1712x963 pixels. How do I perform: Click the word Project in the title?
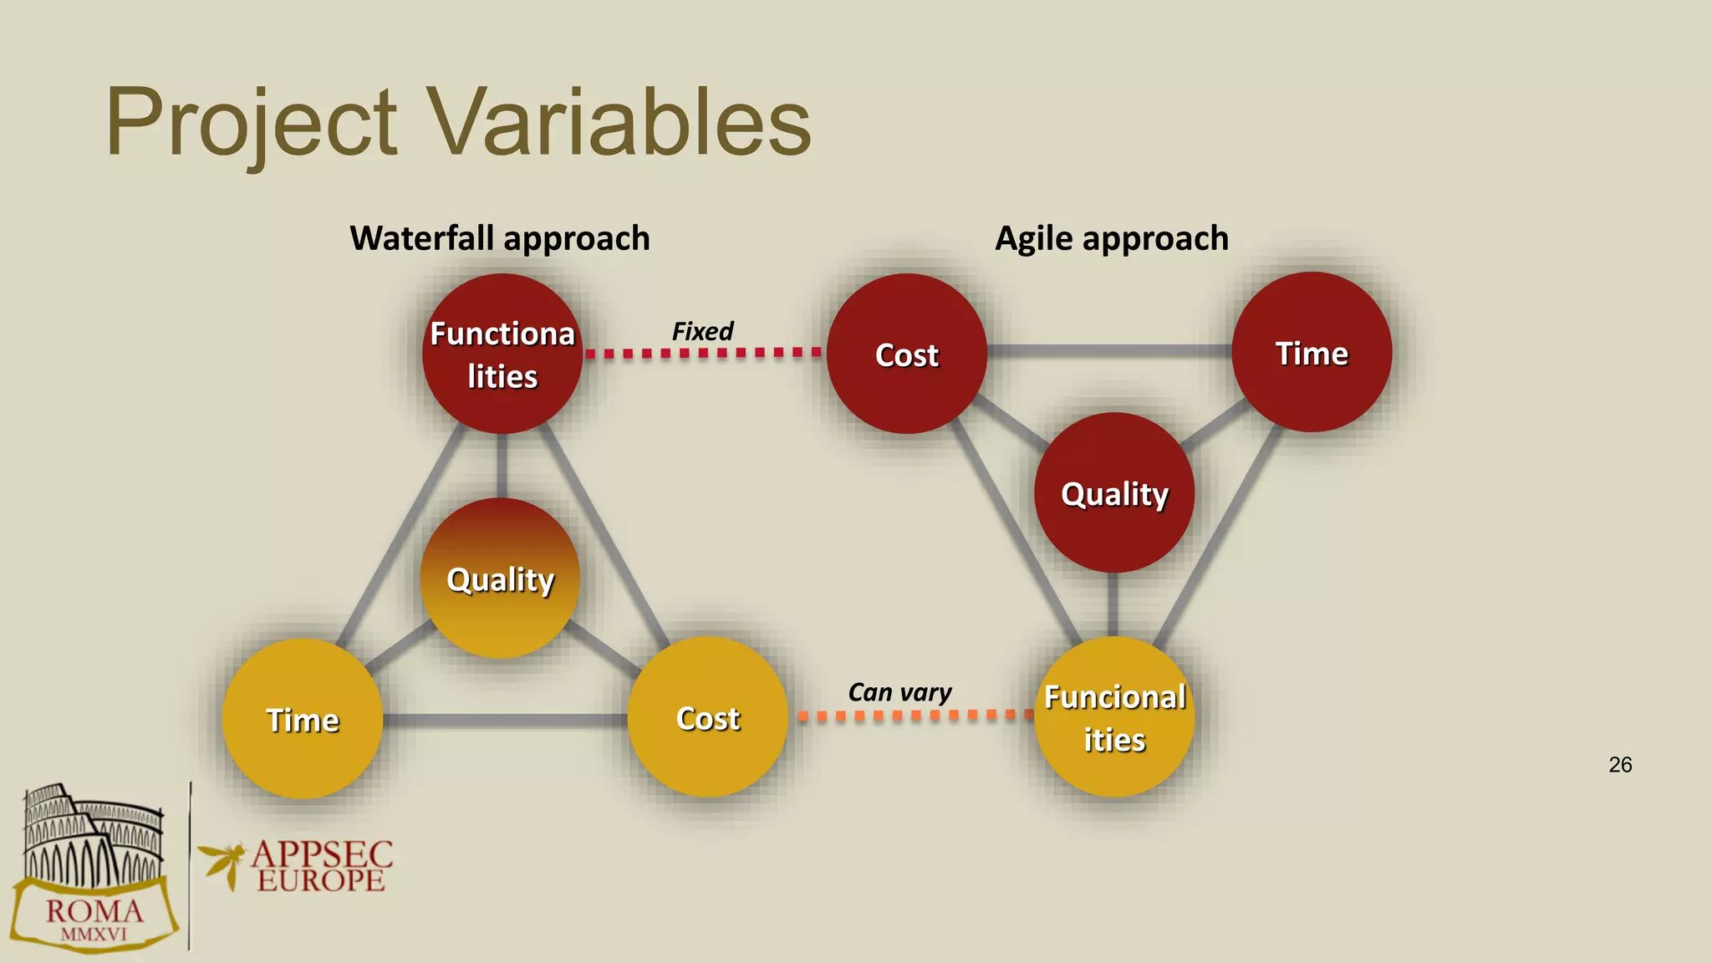[251, 124]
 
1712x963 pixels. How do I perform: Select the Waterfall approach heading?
[499, 238]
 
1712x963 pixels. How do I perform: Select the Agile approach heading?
[1111, 238]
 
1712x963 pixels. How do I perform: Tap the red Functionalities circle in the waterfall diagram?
[502, 354]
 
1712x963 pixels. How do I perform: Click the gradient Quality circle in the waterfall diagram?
[500, 578]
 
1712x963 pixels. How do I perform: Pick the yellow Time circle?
[303, 719]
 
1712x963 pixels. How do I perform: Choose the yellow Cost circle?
[707, 717]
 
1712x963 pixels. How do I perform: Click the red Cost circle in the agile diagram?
[907, 354]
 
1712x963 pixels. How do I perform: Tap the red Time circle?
[1312, 353]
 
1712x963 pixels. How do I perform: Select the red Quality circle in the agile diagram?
[1114, 493]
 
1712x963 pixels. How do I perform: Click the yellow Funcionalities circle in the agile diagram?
[1114, 717]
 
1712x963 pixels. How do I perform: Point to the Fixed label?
[702, 331]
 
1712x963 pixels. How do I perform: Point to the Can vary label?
[899, 692]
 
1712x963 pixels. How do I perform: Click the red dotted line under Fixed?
[702, 353]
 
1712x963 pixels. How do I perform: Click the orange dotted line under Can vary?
[915, 716]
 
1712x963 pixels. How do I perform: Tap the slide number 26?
[1619, 765]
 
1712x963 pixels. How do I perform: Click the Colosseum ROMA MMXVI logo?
[94, 869]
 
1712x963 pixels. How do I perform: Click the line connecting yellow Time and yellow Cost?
[505, 720]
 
